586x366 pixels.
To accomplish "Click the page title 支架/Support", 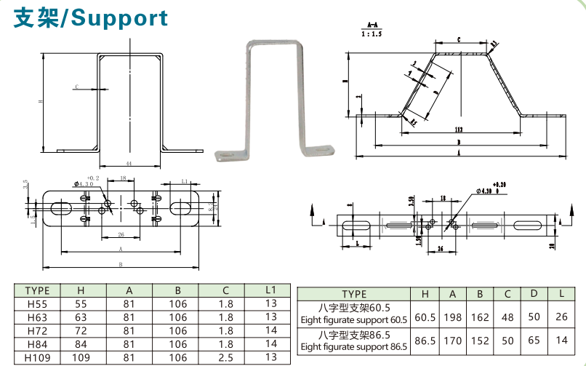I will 90,18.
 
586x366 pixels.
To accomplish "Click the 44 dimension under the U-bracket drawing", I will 129,162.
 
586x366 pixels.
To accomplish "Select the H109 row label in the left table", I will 37,358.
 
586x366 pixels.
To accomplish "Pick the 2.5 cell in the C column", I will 225,358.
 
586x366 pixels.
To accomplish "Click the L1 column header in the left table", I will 271,290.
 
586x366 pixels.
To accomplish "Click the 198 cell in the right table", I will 452,317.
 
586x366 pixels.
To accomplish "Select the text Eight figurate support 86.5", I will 354,347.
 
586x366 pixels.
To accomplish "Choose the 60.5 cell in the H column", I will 425,317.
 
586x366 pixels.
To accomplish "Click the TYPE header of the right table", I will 354,294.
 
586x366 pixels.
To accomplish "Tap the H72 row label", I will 37,330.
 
